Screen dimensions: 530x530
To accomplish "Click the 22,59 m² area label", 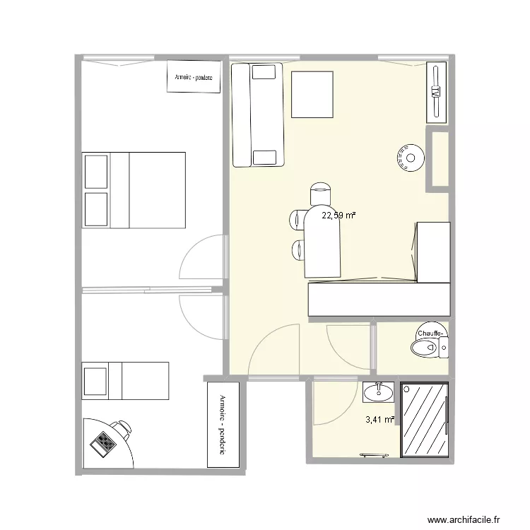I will tap(338, 216).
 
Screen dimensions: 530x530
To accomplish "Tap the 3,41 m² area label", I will tap(379, 420).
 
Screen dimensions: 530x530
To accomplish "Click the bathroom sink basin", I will tap(379, 391).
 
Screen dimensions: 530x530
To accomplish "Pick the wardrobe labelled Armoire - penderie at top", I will tap(194, 77).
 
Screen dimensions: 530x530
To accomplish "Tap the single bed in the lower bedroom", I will tap(126, 380).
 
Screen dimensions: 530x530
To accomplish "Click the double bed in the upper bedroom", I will tap(134, 190).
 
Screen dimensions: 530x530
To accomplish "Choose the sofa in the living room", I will tap(258, 114).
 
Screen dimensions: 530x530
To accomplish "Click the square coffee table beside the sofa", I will tap(312, 95).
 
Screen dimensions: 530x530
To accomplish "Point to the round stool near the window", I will tap(409, 158).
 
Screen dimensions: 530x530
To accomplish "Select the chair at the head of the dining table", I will tap(320, 194).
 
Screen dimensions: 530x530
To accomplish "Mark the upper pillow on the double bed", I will tap(97, 171).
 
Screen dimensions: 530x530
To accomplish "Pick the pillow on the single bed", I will tap(95, 380).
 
